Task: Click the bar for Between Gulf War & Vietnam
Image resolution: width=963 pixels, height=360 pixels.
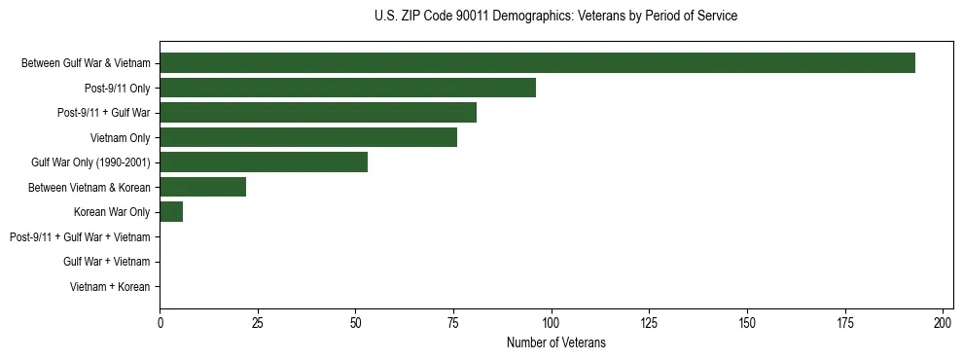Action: pyautogui.click(x=537, y=63)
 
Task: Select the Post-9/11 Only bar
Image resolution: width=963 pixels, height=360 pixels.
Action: pyautogui.click(x=347, y=88)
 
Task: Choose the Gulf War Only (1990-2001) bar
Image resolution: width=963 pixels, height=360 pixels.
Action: pyautogui.click(x=264, y=162)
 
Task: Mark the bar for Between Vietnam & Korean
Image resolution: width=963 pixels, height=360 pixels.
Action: pyautogui.click(x=202, y=187)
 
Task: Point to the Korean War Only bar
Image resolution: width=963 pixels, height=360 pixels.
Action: pyautogui.click(x=171, y=212)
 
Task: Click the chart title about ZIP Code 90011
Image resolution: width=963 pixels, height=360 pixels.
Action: pyautogui.click(x=555, y=17)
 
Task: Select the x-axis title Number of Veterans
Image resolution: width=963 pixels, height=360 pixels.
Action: pyautogui.click(x=555, y=342)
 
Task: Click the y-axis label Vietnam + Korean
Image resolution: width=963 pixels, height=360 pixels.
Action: pyautogui.click(x=110, y=287)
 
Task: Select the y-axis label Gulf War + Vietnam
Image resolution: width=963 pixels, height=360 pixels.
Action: pyautogui.click(x=106, y=262)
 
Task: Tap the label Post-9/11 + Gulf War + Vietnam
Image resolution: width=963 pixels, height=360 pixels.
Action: pyautogui.click(x=80, y=237)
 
